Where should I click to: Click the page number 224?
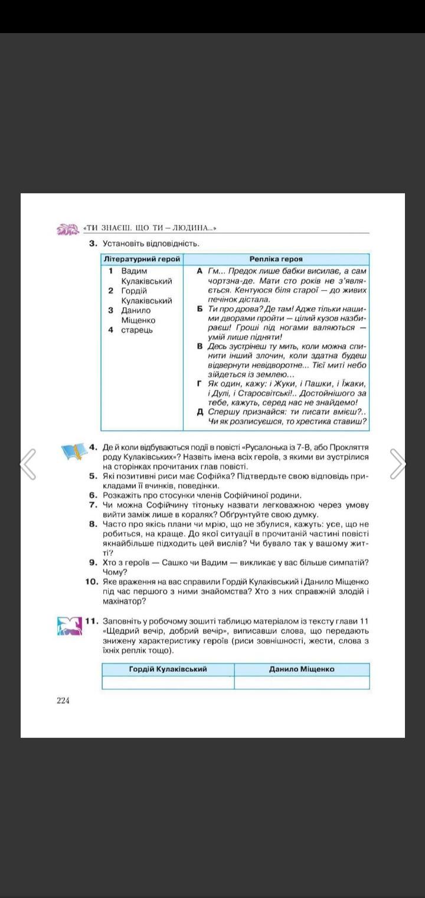pyautogui.click(x=63, y=701)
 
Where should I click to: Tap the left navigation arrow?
pyautogui.click(x=28, y=464)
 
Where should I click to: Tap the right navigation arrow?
pyautogui.click(x=398, y=464)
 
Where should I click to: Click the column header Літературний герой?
pyautogui.click(x=142, y=259)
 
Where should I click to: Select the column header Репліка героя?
pyautogui.click(x=276, y=259)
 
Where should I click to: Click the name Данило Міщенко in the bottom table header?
pyautogui.click(x=302, y=669)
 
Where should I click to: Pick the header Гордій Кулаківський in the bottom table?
pyautogui.click(x=168, y=669)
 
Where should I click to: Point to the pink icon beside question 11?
pyautogui.click(x=69, y=626)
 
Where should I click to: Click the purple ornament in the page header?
pyautogui.click(x=67, y=229)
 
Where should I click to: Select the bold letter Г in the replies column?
pyautogui.click(x=200, y=384)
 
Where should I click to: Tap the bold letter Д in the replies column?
pyautogui.click(x=200, y=411)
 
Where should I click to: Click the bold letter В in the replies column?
pyautogui.click(x=200, y=346)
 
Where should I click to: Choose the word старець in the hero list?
pyautogui.click(x=137, y=330)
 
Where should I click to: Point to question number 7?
pyautogui.click(x=93, y=505)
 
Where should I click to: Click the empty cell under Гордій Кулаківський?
pyautogui.click(x=168, y=682)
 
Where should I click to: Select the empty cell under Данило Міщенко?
pyautogui.click(x=302, y=682)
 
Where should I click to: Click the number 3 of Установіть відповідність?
pyautogui.click(x=93, y=243)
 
